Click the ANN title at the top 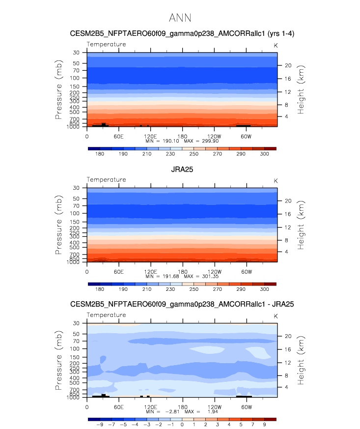pyautogui.click(x=180, y=18)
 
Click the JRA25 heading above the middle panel pyautogui.click(x=182, y=170)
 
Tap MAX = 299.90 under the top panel pyautogui.click(x=201, y=141)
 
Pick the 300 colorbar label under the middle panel pyautogui.click(x=264, y=289)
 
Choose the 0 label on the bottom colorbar pyautogui.click(x=182, y=425)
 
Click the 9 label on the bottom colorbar pyautogui.click(x=264, y=425)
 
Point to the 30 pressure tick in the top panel pyautogui.click(x=77, y=53)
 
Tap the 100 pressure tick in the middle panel pyautogui.click(x=75, y=213)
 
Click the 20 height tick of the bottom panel pyautogui.click(x=288, y=336)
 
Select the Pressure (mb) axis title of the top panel pyautogui.click(x=58, y=102)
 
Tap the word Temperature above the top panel pyautogui.click(x=107, y=44)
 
